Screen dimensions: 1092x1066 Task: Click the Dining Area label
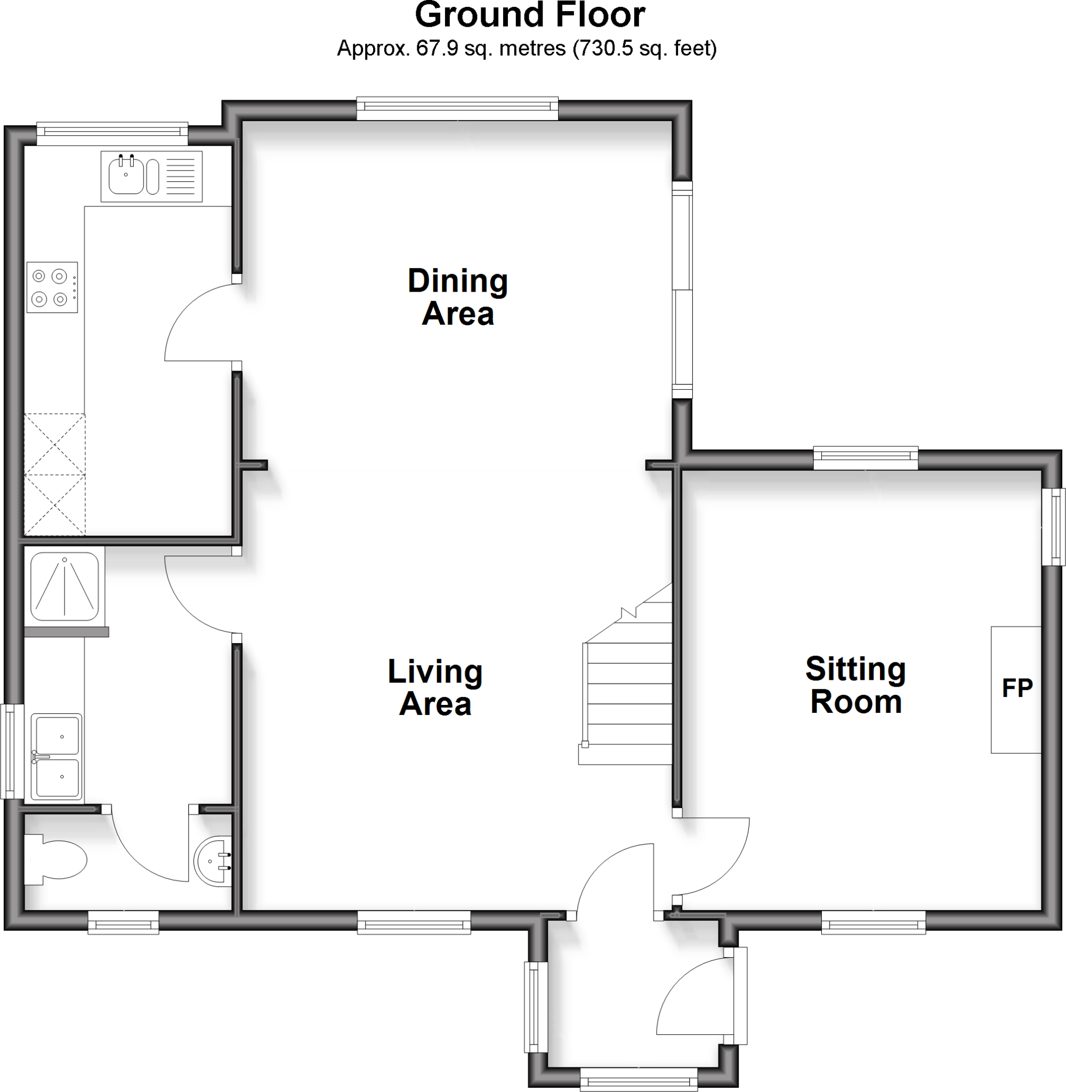click(x=457, y=297)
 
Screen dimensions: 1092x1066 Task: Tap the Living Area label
click(x=435, y=688)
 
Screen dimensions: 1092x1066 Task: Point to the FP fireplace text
click(x=1017, y=688)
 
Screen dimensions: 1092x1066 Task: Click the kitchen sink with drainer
click(x=151, y=176)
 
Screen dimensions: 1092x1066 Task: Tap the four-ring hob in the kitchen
click(x=52, y=287)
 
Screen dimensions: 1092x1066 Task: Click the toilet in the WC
click(x=56, y=860)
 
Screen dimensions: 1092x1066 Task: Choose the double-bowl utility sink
click(x=56, y=757)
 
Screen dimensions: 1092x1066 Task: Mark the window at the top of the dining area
click(x=457, y=109)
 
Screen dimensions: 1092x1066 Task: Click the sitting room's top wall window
click(x=866, y=459)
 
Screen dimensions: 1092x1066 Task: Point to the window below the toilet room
click(x=123, y=922)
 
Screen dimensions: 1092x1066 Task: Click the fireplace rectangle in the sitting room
click(x=1015, y=690)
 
